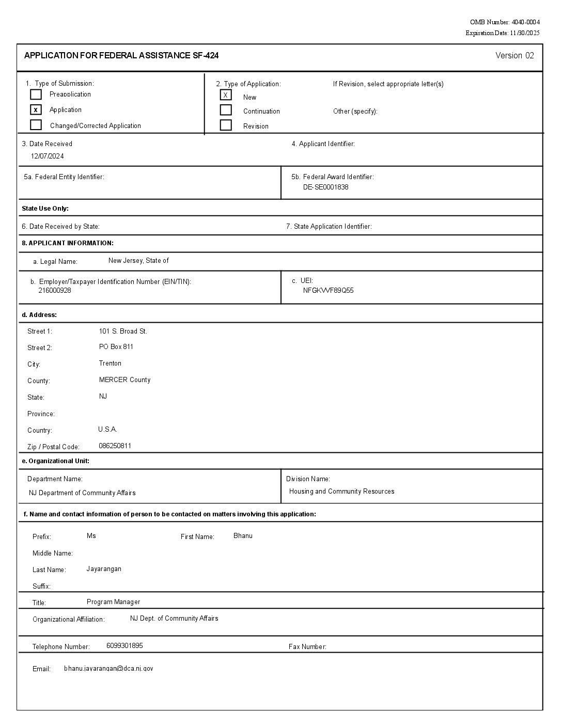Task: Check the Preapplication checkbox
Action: pos(36,94)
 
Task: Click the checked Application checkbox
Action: pos(36,110)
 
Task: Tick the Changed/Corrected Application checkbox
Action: pos(36,125)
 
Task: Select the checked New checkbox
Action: pos(226,95)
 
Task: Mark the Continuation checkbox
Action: pos(226,110)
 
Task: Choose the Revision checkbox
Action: pos(226,125)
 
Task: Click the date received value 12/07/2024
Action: pos(47,156)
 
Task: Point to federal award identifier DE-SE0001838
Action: pos(325,187)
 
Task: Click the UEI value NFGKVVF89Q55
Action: pos(328,290)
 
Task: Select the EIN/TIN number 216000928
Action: pos(55,290)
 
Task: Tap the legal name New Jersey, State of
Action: pos(138,261)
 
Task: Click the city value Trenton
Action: pos(110,363)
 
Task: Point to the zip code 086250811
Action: pos(115,446)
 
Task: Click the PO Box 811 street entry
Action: pos(116,347)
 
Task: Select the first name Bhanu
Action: pos(243,536)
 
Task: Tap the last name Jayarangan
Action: pos(104,569)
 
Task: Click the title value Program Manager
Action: pos(113,602)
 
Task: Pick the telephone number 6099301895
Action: pos(124,646)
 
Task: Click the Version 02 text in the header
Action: pos(514,56)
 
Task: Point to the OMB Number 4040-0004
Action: pos(505,22)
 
